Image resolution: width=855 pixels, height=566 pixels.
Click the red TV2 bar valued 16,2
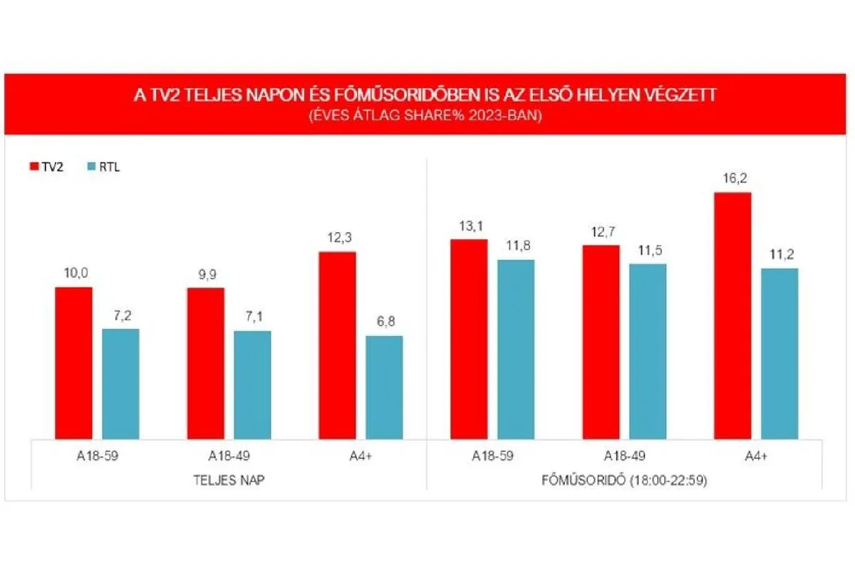[x=732, y=316]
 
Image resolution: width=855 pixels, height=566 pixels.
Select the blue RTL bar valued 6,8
[x=384, y=388]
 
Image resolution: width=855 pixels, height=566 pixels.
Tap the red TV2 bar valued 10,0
[x=74, y=364]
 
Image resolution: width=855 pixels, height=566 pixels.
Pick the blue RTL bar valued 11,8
[x=516, y=350]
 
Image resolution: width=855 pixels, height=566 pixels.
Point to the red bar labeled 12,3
[x=338, y=346]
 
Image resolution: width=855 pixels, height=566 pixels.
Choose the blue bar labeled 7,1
[x=252, y=385]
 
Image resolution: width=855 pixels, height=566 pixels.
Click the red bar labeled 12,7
[x=601, y=342]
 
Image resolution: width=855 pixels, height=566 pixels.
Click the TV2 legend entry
[x=46, y=167]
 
